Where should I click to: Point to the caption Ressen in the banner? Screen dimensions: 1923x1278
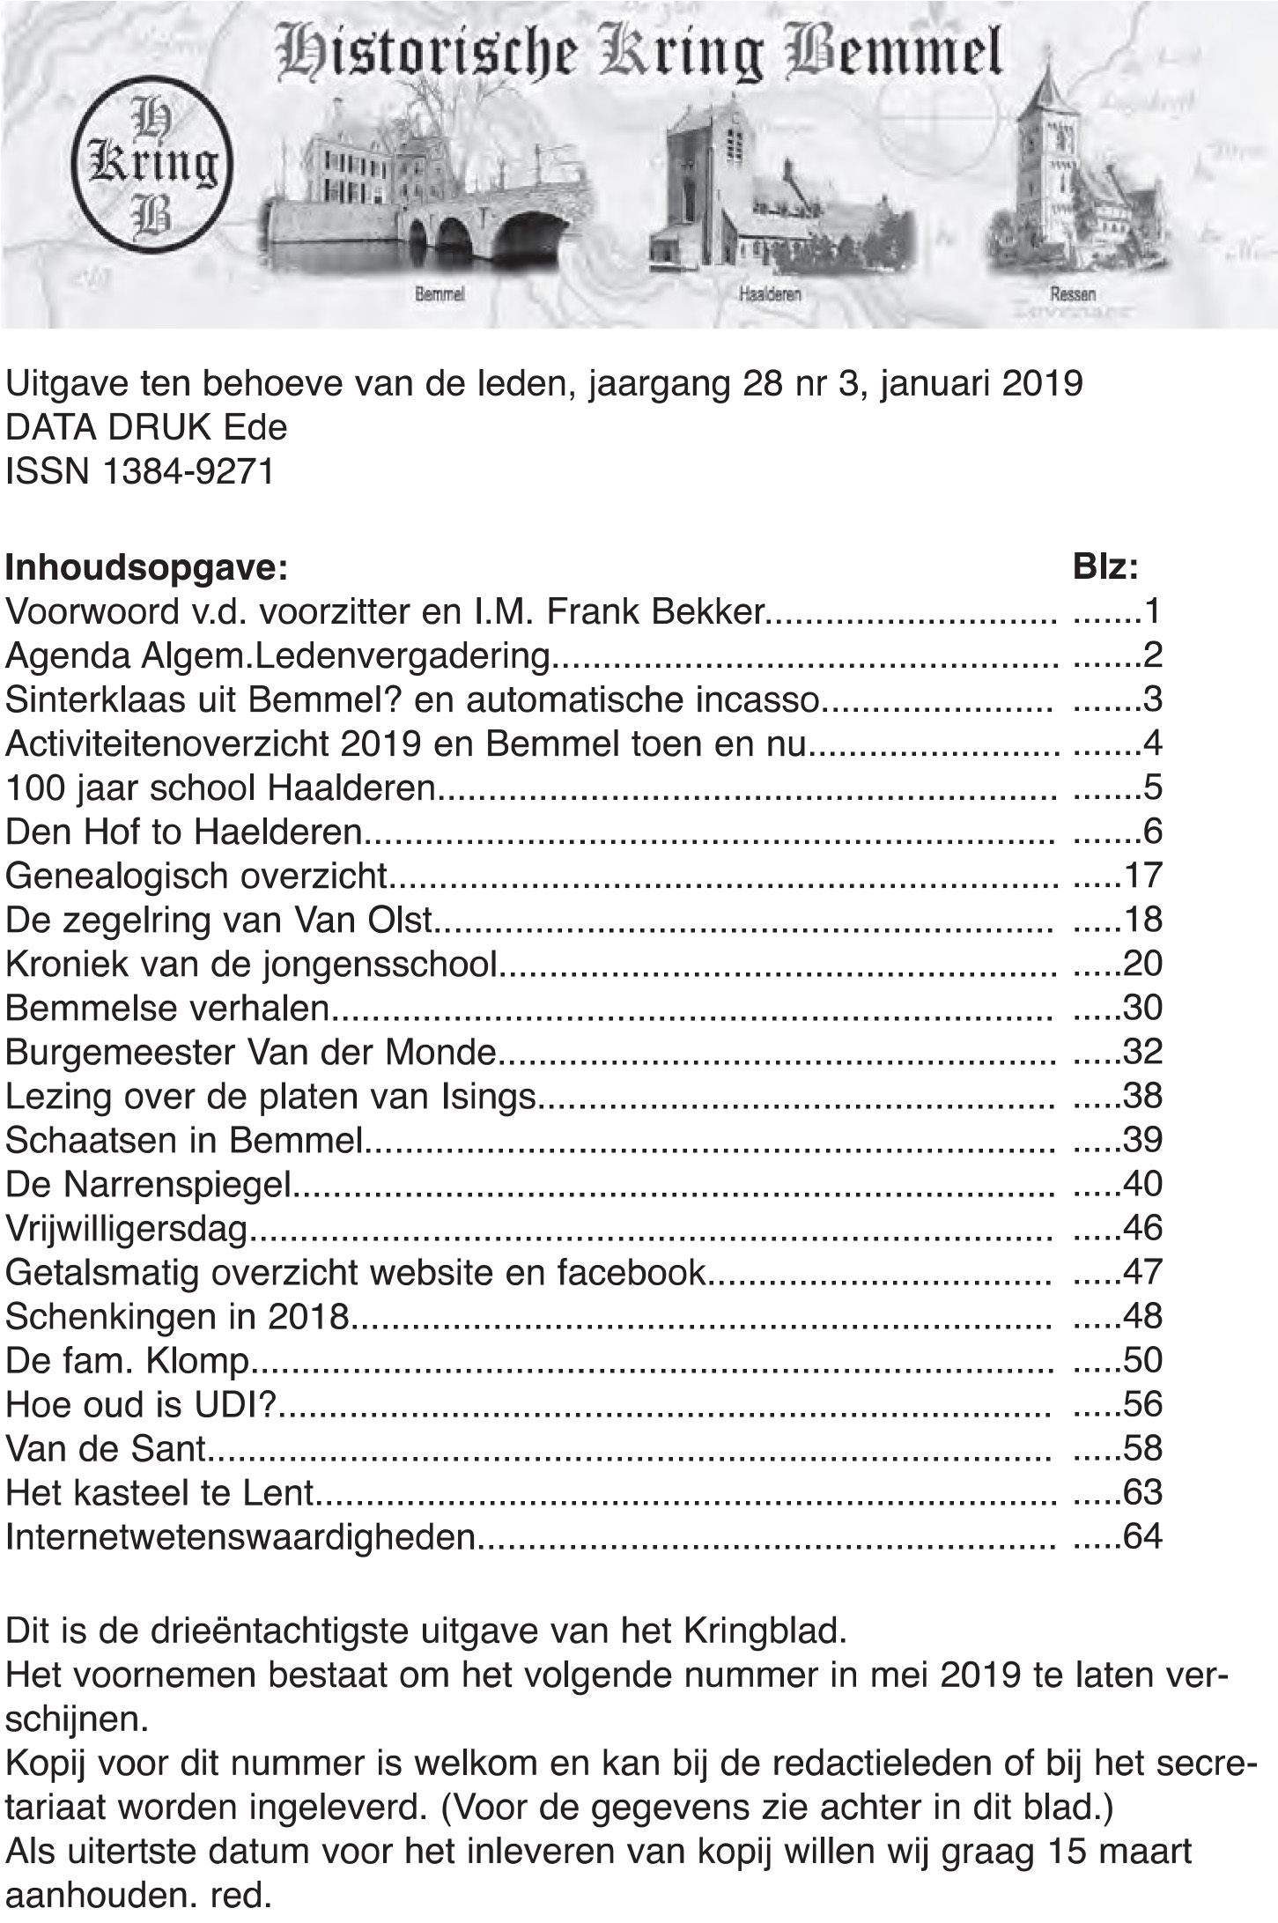[x=1072, y=294]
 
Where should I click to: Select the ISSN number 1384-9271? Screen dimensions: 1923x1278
[x=188, y=472]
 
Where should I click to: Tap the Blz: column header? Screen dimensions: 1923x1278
[x=1105, y=566]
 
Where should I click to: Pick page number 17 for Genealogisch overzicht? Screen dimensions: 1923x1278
[x=1142, y=876]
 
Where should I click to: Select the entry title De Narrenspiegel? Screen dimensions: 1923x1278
[x=148, y=1185]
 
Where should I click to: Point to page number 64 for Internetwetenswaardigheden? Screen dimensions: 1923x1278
[x=1142, y=1536]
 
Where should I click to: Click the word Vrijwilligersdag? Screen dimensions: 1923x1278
[x=128, y=1229]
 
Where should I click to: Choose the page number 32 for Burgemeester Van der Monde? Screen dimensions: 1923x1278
[x=1142, y=1052]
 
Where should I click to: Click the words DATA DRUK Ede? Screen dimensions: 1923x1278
[x=146, y=428]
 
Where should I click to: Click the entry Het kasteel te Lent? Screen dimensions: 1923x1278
[x=159, y=1492]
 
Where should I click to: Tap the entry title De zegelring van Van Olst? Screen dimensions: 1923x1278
[x=219, y=920]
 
